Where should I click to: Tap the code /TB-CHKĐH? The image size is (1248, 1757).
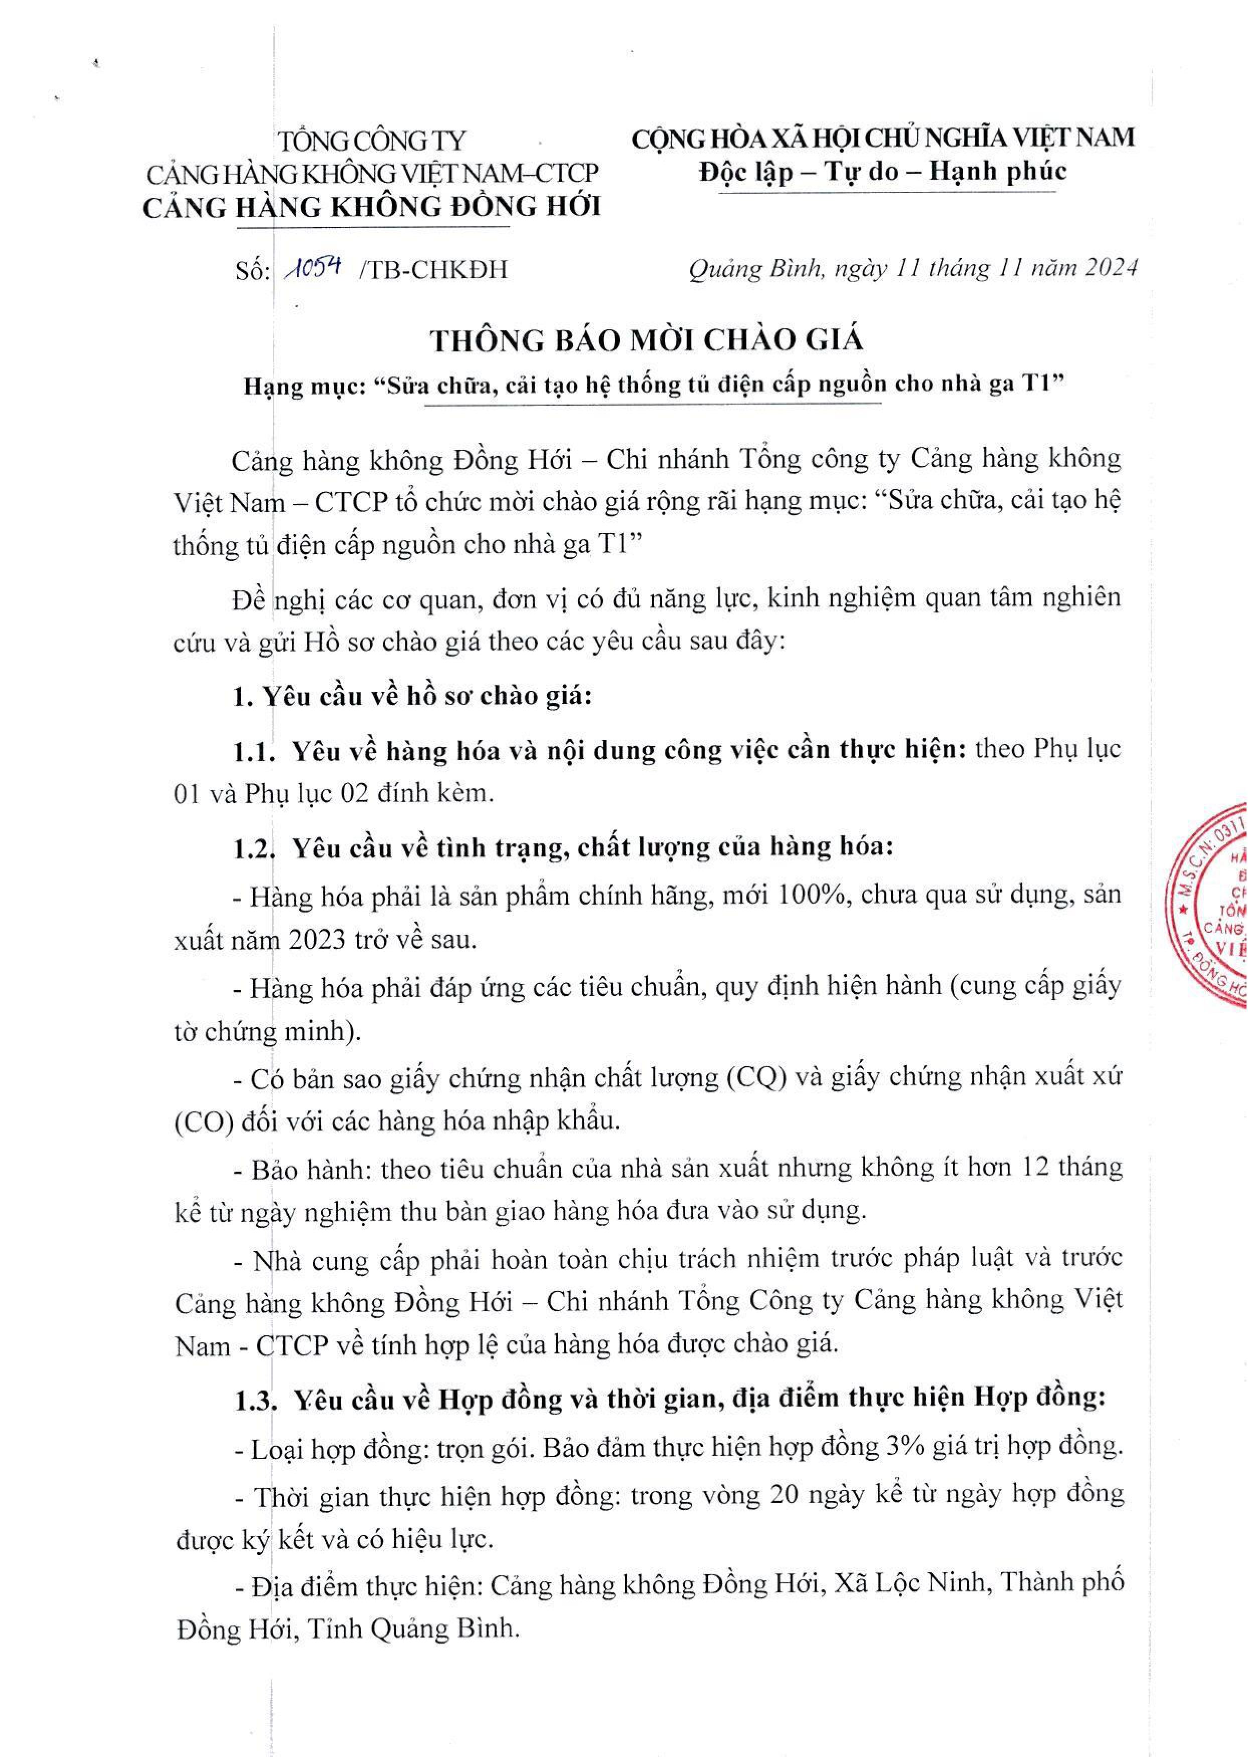click(x=433, y=270)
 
